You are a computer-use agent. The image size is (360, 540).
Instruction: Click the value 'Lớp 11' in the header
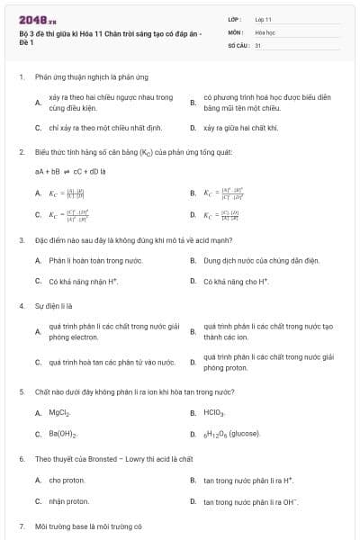point(263,19)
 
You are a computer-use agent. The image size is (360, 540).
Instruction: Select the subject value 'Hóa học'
point(264,31)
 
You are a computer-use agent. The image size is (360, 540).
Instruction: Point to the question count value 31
point(258,44)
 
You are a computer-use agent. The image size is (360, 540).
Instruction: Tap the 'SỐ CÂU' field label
point(238,44)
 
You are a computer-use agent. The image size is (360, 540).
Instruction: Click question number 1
point(21,77)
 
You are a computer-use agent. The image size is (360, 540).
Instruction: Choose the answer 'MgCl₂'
point(59,413)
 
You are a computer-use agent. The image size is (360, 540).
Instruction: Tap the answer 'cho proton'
point(68,480)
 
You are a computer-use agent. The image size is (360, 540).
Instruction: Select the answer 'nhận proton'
point(69,501)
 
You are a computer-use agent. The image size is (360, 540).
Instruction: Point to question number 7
point(21,526)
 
